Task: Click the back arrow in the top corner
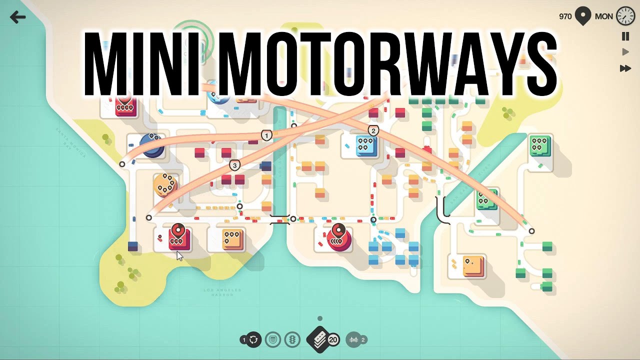tap(17, 17)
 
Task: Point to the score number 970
tap(565, 16)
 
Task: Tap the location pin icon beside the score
tap(583, 16)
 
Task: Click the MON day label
tap(603, 16)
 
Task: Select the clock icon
tap(625, 16)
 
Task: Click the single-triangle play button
tap(625, 52)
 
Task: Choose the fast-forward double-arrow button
tap(625, 68)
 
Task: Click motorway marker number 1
tap(266, 135)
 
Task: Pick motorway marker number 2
tap(373, 131)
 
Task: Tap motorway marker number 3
tap(234, 165)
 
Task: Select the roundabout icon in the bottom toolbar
tap(253, 340)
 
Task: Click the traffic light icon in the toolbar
tap(292, 340)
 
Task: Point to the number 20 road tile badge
tap(333, 340)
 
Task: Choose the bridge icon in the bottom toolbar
tap(353, 340)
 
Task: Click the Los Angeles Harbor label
tap(222, 292)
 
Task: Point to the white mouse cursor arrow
tap(179, 255)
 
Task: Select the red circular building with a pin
tap(339, 237)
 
